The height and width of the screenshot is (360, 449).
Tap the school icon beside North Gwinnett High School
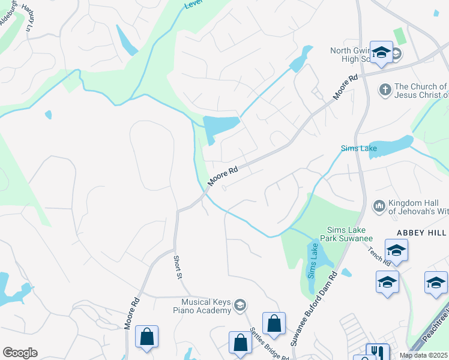tap(381, 53)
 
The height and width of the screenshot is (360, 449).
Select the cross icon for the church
tap(385, 91)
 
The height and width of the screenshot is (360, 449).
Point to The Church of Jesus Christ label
tap(421, 91)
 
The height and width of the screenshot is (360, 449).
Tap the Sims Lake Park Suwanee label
tap(349, 234)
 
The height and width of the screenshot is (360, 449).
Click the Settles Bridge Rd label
tap(269, 342)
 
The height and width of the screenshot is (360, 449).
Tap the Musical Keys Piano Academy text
tap(202, 305)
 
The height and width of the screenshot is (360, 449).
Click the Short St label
tap(178, 267)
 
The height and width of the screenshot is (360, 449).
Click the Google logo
tap(20, 353)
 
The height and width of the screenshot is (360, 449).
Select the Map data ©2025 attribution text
tap(424, 355)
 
